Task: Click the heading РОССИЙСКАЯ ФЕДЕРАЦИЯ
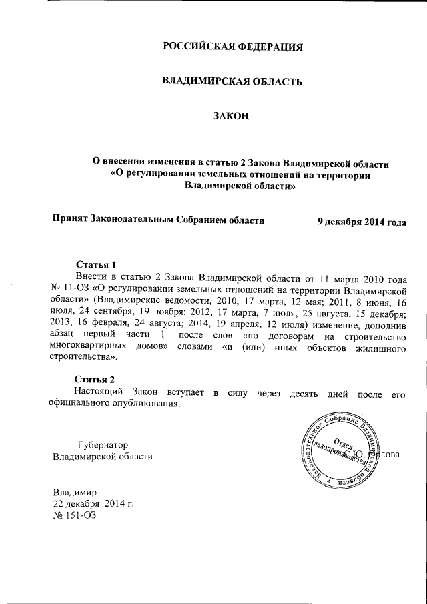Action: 233,47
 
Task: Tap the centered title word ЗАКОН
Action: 231,116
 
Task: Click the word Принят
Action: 70,219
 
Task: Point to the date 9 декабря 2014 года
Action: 362,221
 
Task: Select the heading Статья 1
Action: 97,264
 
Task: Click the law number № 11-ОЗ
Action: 70,288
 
